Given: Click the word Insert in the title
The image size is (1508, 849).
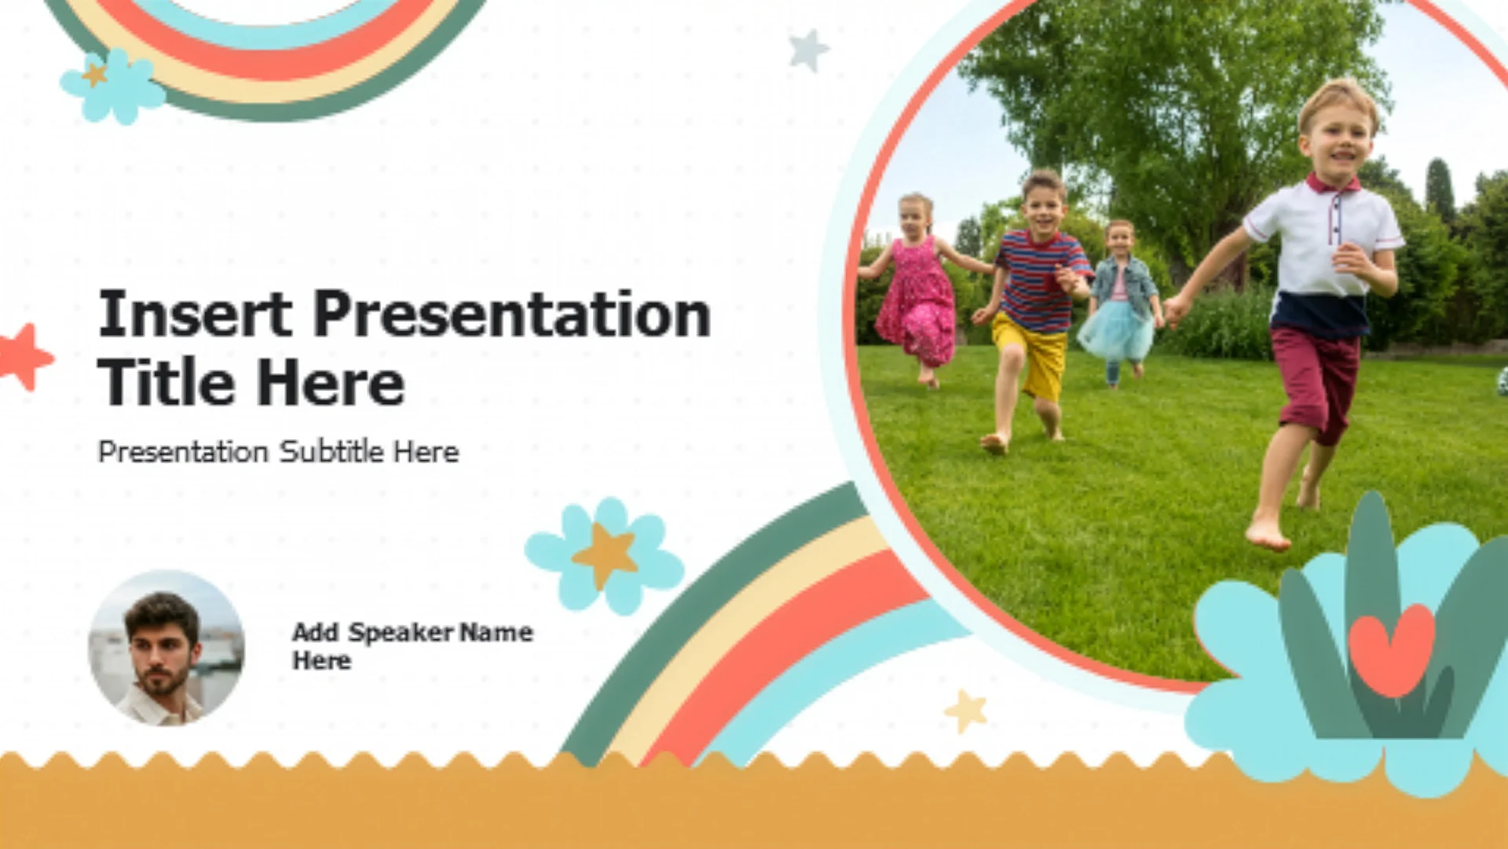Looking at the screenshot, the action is pyautogui.click(x=195, y=314).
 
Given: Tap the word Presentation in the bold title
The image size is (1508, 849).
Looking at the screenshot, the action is pyautogui.click(x=512, y=314).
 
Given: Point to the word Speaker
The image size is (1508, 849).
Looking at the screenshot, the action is pyautogui.click(x=401, y=632).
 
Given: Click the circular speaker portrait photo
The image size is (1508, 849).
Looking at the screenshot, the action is pyautogui.click(x=166, y=648).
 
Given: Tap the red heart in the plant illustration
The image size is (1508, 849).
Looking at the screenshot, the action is pyautogui.click(x=1392, y=649).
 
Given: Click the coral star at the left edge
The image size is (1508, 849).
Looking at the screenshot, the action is pyautogui.click(x=25, y=358).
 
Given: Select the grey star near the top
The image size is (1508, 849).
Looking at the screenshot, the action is pyautogui.click(x=809, y=50).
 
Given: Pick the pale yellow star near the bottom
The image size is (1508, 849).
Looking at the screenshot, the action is pyautogui.click(x=966, y=711).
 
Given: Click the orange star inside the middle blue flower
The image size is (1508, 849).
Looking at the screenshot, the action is pyautogui.click(x=605, y=556).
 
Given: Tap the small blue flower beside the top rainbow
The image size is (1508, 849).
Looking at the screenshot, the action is pyautogui.click(x=113, y=86).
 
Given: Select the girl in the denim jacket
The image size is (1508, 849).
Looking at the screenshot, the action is pyautogui.click(x=1118, y=303).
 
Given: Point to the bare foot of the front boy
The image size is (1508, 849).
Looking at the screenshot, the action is pyautogui.click(x=1268, y=534).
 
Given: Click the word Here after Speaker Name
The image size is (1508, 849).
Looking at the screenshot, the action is pyautogui.click(x=322, y=661).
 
